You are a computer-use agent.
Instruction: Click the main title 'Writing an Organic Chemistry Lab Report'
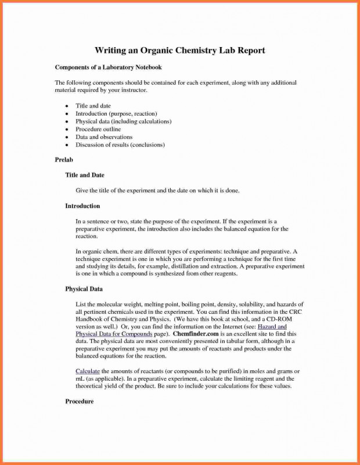(180, 51)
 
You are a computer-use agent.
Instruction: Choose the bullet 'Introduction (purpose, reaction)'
(116, 113)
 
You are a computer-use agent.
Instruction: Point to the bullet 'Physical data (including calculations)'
(123, 121)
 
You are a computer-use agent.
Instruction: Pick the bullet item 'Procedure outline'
(99, 129)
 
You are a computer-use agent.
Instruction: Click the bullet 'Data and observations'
(104, 137)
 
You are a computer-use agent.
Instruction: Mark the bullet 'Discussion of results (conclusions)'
(120, 144)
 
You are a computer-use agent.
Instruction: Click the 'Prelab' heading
(64, 159)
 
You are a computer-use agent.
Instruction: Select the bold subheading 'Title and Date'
(85, 174)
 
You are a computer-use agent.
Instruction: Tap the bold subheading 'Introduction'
(82, 206)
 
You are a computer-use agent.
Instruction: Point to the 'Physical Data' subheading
(85, 288)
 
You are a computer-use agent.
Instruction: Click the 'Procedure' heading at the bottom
(80, 401)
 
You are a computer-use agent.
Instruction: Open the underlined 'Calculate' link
(88, 370)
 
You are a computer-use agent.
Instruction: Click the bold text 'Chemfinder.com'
(195, 334)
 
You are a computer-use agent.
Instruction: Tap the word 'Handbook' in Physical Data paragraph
(90, 319)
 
